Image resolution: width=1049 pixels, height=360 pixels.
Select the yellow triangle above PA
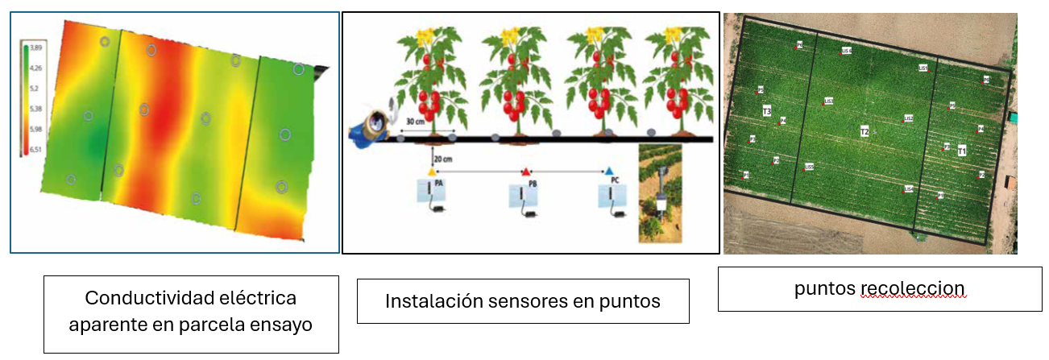(x=432, y=172)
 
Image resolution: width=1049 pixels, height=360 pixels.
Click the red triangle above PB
(x=525, y=172)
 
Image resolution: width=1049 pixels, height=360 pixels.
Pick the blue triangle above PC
(x=610, y=172)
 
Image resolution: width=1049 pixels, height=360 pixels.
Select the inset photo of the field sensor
(x=660, y=193)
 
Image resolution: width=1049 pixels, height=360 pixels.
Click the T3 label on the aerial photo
(x=767, y=110)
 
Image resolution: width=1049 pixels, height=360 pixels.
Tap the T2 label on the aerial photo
(x=864, y=130)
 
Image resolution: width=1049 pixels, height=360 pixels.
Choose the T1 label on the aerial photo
(x=962, y=151)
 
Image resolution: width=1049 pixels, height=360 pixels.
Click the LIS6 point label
(x=846, y=50)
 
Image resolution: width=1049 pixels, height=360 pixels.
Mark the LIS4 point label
(x=908, y=188)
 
